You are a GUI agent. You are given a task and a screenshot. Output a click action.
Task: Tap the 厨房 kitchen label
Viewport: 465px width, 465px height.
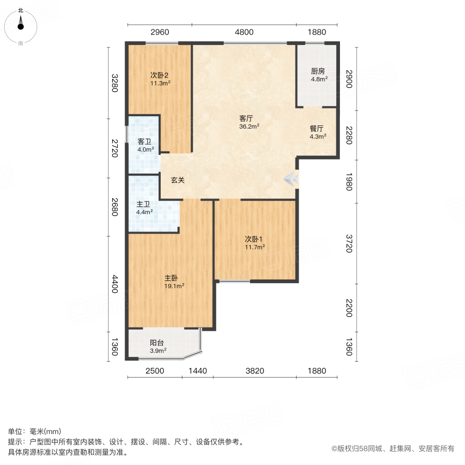(x=318, y=72)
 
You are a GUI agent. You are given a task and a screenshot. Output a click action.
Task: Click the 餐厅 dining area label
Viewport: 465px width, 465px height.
(x=317, y=129)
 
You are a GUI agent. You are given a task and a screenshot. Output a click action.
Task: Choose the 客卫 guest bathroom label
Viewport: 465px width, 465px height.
(x=145, y=142)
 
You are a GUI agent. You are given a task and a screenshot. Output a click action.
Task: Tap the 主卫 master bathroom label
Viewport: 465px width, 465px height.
(x=144, y=204)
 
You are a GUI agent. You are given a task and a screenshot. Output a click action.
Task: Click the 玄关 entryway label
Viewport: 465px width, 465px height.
(x=178, y=180)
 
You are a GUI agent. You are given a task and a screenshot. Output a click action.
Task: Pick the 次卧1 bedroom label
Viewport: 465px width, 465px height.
(x=255, y=239)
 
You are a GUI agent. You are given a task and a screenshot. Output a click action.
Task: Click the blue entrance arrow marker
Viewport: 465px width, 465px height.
(x=291, y=179)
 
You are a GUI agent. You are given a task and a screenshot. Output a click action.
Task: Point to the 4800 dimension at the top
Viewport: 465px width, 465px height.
(x=244, y=32)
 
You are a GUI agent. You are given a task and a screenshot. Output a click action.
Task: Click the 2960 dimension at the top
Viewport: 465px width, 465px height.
(x=160, y=32)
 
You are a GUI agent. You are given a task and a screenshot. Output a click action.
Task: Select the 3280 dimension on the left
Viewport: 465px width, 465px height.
(x=115, y=83)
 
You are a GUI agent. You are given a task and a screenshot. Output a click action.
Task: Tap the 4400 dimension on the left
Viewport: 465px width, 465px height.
(x=115, y=283)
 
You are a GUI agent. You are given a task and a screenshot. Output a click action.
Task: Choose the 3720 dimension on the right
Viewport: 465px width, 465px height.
(x=349, y=243)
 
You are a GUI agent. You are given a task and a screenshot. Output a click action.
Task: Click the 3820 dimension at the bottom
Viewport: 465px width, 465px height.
(x=255, y=370)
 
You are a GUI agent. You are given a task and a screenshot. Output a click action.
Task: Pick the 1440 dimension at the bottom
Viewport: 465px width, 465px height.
(x=197, y=370)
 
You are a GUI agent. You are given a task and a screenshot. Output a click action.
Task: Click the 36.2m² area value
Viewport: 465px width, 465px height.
(x=249, y=126)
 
